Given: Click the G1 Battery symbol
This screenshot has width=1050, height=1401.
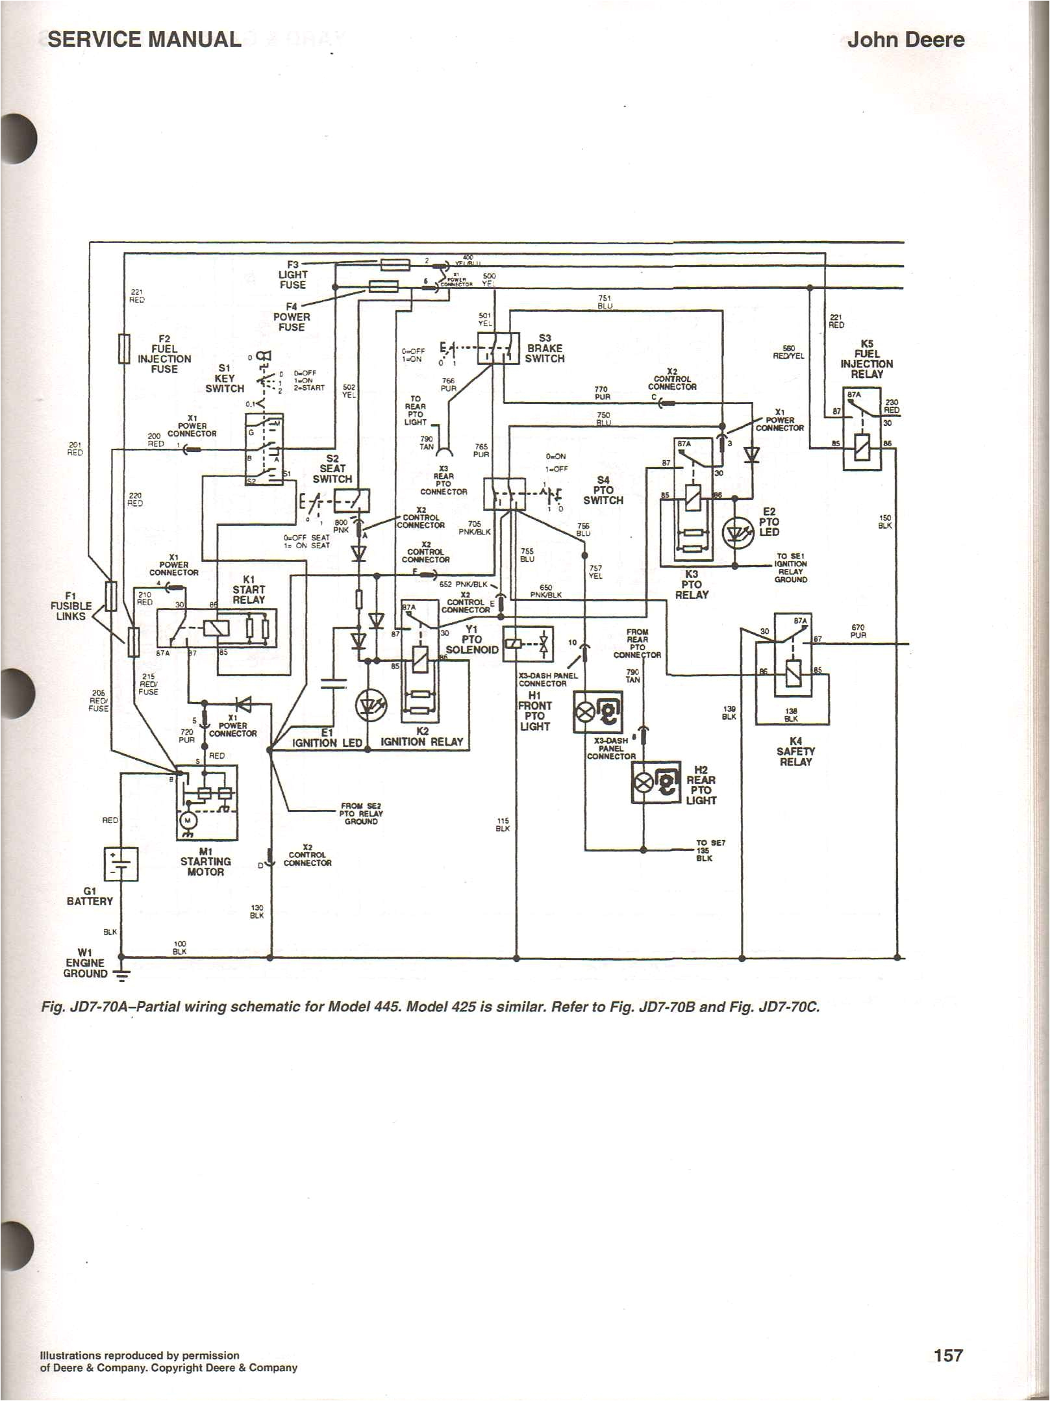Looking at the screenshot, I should pyautogui.click(x=121, y=864).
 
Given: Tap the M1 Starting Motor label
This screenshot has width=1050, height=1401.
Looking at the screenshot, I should pyautogui.click(x=205, y=861).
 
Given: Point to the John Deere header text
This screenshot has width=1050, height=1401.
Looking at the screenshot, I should pyautogui.click(x=905, y=40).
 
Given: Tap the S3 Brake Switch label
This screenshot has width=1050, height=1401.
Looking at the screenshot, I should pyautogui.click(x=545, y=348).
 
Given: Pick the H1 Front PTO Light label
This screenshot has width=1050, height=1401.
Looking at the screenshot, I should pyautogui.click(x=534, y=711).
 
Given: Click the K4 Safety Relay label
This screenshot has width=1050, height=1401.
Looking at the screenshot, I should pyautogui.click(x=795, y=751).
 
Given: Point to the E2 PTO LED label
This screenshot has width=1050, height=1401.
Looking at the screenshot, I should pyautogui.click(x=769, y=522).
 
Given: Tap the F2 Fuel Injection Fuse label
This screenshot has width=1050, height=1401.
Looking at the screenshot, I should pyautogui.click(x=164, y=354).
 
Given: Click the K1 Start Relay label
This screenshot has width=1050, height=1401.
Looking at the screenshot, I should pyautogui.click(x=249, y=594).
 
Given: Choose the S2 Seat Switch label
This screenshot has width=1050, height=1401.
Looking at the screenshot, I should pyautogui.click(x=332, y=468).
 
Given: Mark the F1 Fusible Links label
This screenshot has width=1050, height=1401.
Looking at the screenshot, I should pyautogui.click(x=70, y=605).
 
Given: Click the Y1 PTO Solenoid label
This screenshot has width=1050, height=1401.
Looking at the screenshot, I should pyautogui.click(x=471, y=639).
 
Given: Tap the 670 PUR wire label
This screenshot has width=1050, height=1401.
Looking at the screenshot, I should pyautogui.click(x=858, y=631).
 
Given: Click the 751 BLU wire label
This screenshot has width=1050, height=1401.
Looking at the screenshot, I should pyautogui.click(x=605, y=301).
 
